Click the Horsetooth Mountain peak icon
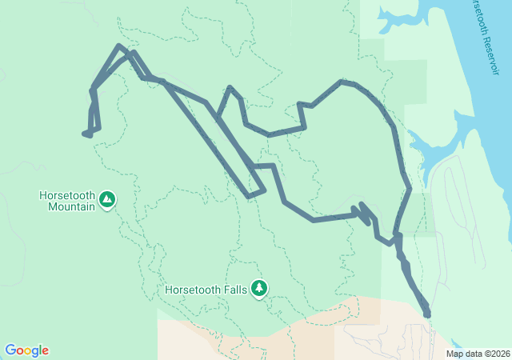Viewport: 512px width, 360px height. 107,197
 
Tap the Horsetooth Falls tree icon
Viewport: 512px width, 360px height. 258,288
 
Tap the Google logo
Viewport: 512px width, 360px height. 26,350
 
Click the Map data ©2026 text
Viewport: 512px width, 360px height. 477,354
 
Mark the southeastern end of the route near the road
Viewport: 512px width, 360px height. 427,314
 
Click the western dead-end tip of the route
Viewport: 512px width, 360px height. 84,134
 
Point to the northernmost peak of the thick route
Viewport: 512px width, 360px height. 119,46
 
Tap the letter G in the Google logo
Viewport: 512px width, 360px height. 10,350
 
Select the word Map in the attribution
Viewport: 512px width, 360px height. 454,354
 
